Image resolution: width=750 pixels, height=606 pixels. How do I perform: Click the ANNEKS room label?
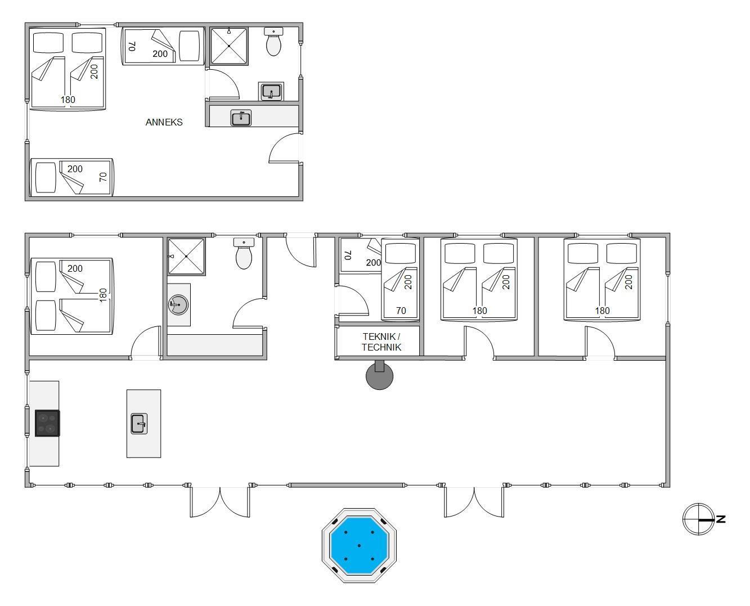(164, 122)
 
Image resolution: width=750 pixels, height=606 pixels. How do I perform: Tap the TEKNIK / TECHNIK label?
(381, 342)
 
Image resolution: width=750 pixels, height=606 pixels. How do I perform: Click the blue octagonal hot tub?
(359, 545)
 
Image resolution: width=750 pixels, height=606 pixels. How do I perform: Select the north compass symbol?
(700, 519)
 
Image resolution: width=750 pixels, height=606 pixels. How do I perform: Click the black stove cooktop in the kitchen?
(47, 423)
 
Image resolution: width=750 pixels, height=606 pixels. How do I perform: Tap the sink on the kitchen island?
(139, 424)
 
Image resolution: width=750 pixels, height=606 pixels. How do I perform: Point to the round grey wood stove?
(380, 375)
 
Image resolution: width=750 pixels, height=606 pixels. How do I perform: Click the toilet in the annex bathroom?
(273, 41)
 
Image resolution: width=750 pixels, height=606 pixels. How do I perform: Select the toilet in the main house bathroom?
(244, 253)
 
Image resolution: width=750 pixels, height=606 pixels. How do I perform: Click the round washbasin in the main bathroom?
(178, 304)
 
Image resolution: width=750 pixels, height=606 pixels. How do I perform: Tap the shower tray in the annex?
(229, 46)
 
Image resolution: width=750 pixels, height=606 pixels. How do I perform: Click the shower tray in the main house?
(186, 257)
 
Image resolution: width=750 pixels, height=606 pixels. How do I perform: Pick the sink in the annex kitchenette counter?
(241, 118)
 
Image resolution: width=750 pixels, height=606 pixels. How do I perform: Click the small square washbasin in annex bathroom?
(271, 92)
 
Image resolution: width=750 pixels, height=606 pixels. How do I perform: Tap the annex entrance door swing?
(285, 148)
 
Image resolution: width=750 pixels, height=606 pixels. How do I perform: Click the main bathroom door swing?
(248, 313)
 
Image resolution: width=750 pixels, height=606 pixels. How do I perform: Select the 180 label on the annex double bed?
(68, 100)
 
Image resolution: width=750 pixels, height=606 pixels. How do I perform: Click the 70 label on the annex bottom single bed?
(103, 177)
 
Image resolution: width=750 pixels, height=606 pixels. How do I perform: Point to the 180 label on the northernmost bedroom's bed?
(603, 311)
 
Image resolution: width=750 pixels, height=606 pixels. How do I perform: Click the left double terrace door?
(220, 502)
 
